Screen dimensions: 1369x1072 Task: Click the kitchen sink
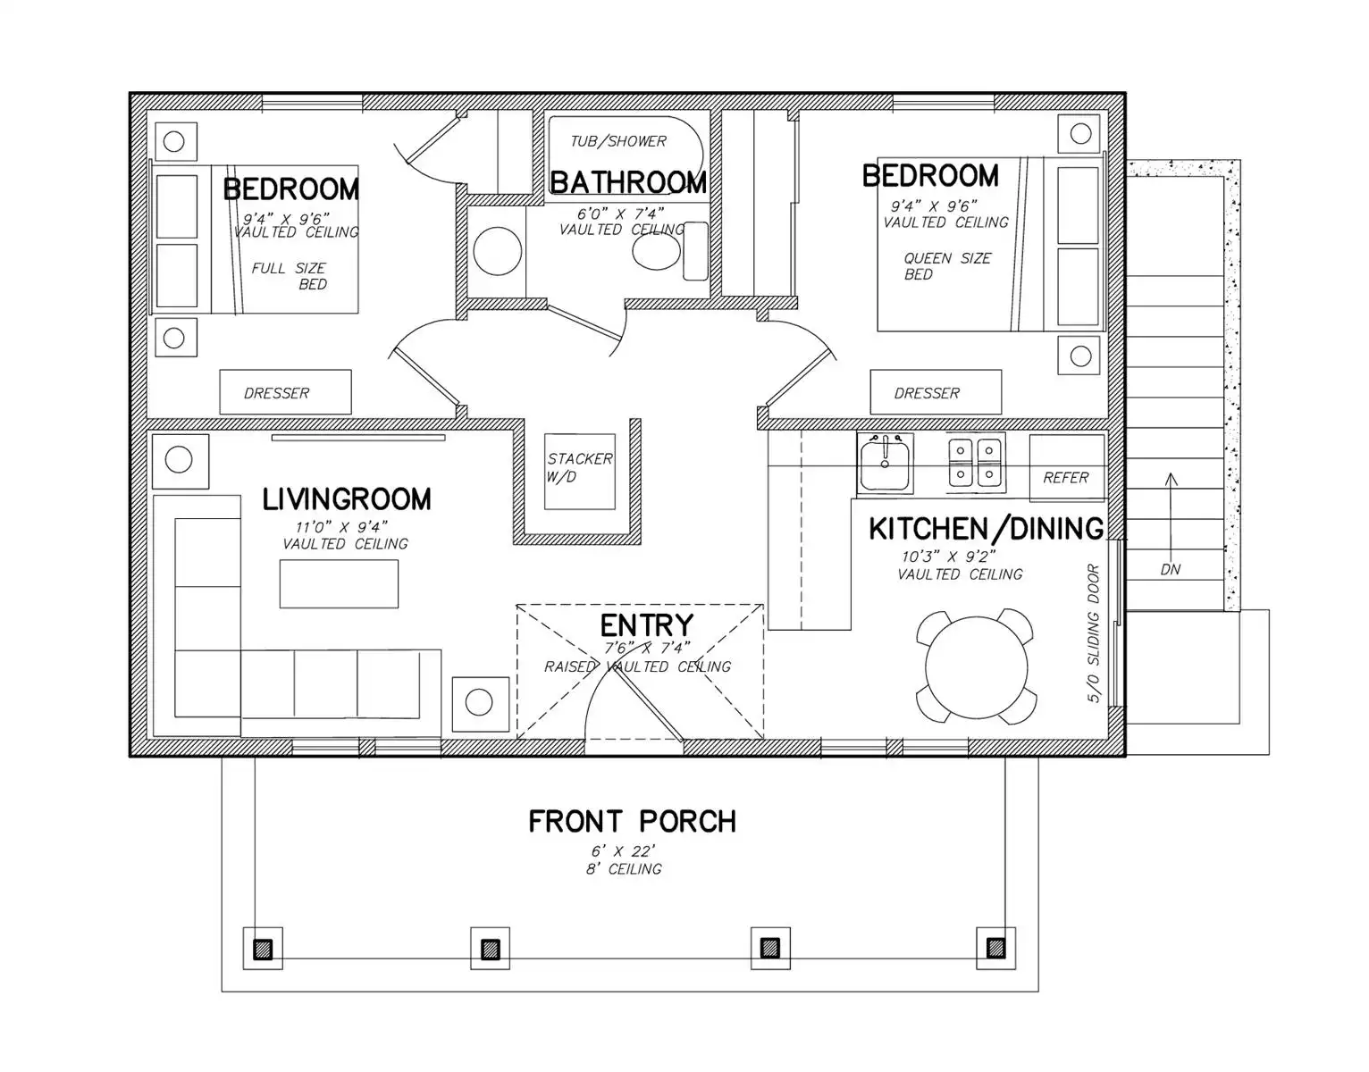(885, 465)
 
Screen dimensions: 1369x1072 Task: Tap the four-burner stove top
(975, 463)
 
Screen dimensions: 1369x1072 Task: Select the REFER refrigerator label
(1065, 477)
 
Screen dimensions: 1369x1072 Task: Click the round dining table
(976, 667)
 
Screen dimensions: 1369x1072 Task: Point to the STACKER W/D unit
(580, 471)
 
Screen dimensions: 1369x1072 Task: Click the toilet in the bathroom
(669, 251)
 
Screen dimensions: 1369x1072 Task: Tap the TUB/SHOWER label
(617, 141)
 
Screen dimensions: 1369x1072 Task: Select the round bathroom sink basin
(497, 251)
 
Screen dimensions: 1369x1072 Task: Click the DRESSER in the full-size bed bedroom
(285, 392)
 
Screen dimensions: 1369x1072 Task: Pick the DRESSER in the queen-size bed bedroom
(936, 392)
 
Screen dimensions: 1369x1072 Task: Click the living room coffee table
(339, 584)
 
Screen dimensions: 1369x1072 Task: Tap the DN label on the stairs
(1170, 569)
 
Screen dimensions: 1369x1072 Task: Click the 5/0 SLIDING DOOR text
(1093, 633)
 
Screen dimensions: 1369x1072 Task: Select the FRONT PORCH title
(632, 821)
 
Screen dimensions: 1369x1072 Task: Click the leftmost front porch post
(263, 949)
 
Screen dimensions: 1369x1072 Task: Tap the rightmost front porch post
(995, 947)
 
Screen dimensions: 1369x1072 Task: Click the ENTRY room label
(646, 625)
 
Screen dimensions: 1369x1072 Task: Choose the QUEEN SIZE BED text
(947, 266)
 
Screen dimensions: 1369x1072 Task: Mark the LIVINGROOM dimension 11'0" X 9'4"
(340, 527)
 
